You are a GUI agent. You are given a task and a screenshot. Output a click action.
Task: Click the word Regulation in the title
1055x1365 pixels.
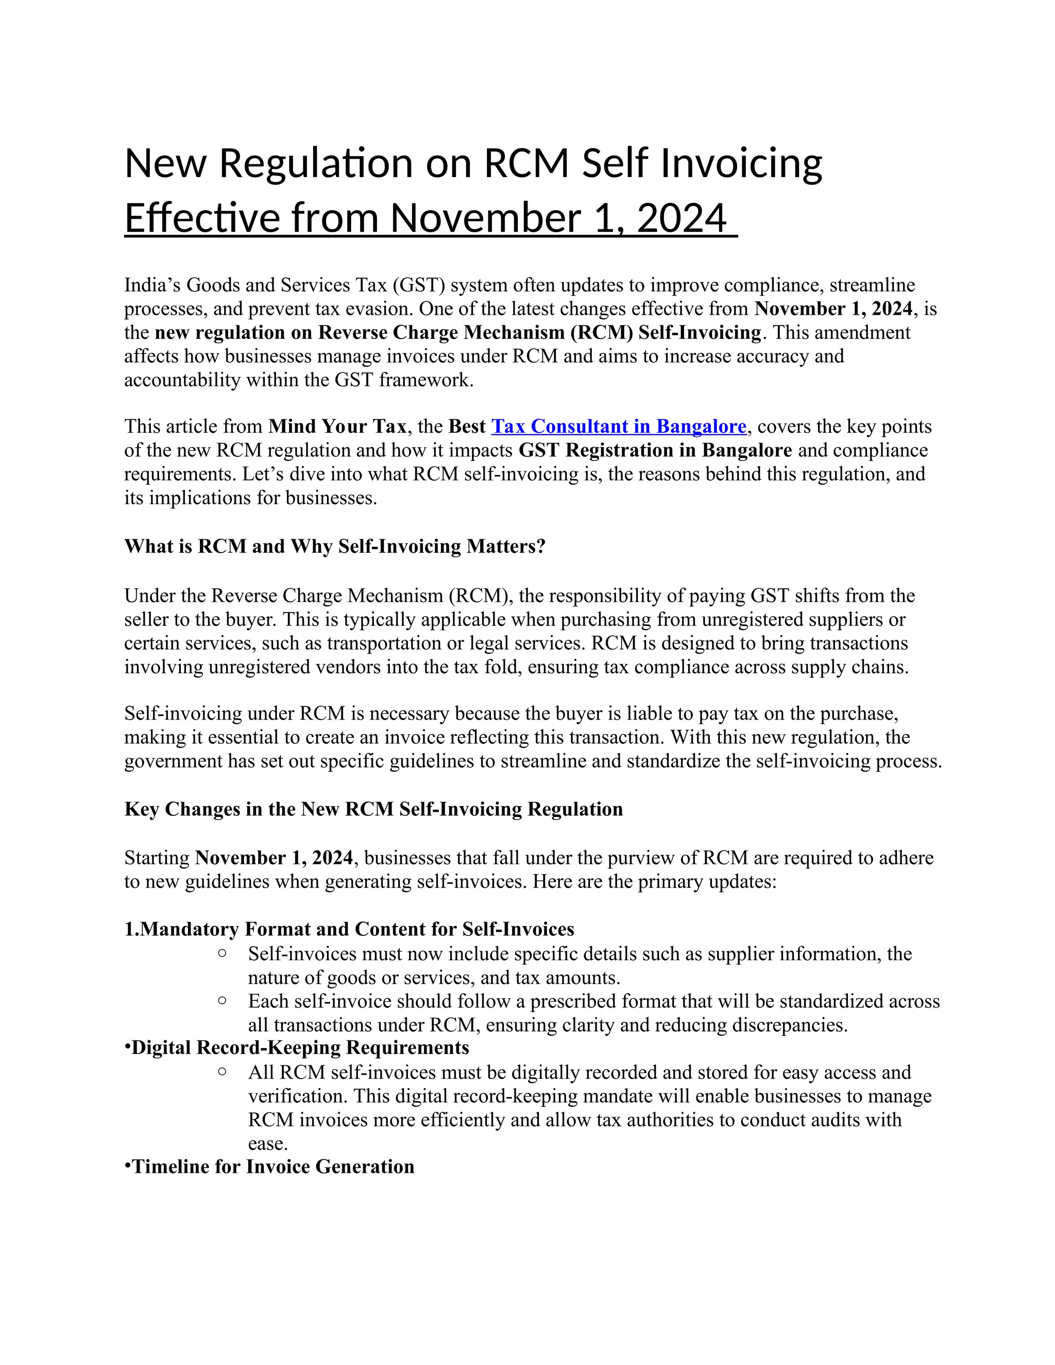pos(316,164)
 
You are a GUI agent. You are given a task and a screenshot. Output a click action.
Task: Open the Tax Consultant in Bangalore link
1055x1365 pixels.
pos(619,426)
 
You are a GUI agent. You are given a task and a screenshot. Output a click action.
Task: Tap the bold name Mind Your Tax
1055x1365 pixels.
pos(337,426)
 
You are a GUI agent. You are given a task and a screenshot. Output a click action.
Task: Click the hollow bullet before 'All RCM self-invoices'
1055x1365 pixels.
pos(222,1071)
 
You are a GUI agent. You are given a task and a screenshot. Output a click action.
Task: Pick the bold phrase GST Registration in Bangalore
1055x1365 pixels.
pos(655,450)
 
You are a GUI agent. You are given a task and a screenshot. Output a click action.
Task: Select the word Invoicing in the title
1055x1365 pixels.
pos(741,164)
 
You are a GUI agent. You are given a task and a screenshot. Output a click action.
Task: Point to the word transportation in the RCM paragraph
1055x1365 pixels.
pos(387,643)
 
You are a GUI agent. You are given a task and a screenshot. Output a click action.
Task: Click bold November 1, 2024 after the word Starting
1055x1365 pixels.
pos(274,858)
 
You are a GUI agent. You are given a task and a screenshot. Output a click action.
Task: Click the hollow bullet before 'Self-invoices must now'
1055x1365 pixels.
pos(222,952)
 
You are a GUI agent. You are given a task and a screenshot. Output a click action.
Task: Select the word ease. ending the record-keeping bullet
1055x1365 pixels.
pos(267,1144)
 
